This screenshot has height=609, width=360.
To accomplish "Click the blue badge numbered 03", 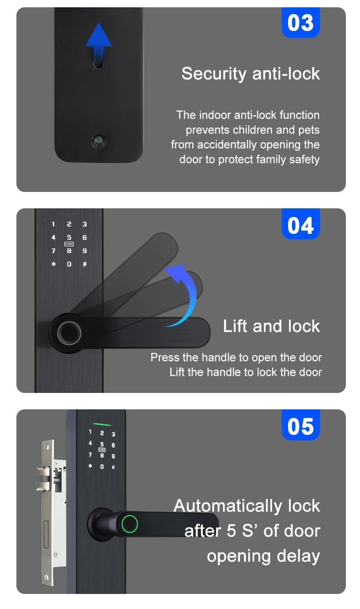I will [301, 23].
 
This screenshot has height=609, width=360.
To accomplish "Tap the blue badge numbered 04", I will [301, 225].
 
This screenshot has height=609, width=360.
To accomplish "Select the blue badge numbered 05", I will [301, 427].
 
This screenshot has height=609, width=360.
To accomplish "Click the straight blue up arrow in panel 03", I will [99, 36].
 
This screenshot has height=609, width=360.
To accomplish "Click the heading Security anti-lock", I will [251, 73].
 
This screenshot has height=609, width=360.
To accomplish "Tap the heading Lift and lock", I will [272, 326].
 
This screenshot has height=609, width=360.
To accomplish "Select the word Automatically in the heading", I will [228, 506].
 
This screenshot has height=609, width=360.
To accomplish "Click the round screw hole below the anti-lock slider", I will [98, 140].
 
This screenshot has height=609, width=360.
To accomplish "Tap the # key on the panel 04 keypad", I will [84, 264].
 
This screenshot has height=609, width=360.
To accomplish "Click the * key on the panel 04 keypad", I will [53, 264].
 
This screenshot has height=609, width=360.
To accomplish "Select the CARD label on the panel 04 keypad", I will [69, 244].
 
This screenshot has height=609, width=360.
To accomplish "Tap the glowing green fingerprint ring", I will [129, 524].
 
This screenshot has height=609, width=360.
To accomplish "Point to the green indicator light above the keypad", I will [102, 418].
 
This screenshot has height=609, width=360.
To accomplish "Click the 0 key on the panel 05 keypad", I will [102, 466].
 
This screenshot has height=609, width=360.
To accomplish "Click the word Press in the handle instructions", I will [165, 357].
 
